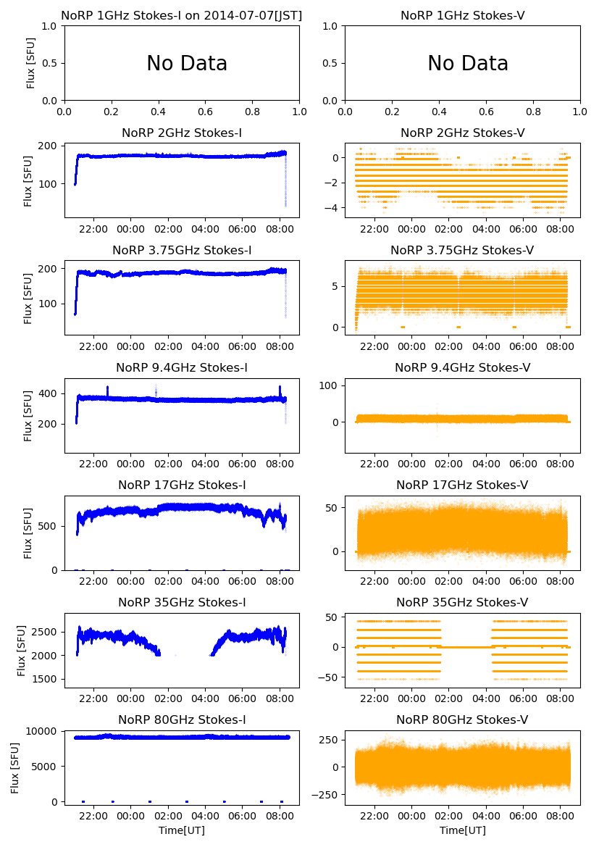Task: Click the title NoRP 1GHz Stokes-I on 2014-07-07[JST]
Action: (x=182, y=15)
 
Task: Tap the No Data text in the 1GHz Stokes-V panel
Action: (x=467, y=64)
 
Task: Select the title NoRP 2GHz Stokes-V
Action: (x=462, y=133)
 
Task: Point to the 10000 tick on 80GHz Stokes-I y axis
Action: (x=43, y=731)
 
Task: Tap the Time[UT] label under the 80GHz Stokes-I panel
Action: (x=182, y=830)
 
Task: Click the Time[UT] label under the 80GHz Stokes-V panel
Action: (x=462, y=830)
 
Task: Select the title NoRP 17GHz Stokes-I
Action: (x=182, y=485)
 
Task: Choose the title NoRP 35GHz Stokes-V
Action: (x=462, y=602)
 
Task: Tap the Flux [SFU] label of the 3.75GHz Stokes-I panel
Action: (x=28, y=298)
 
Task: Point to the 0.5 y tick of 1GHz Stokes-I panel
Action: (x=51, y=63)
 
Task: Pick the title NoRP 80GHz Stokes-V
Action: (x=462, y=719)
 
